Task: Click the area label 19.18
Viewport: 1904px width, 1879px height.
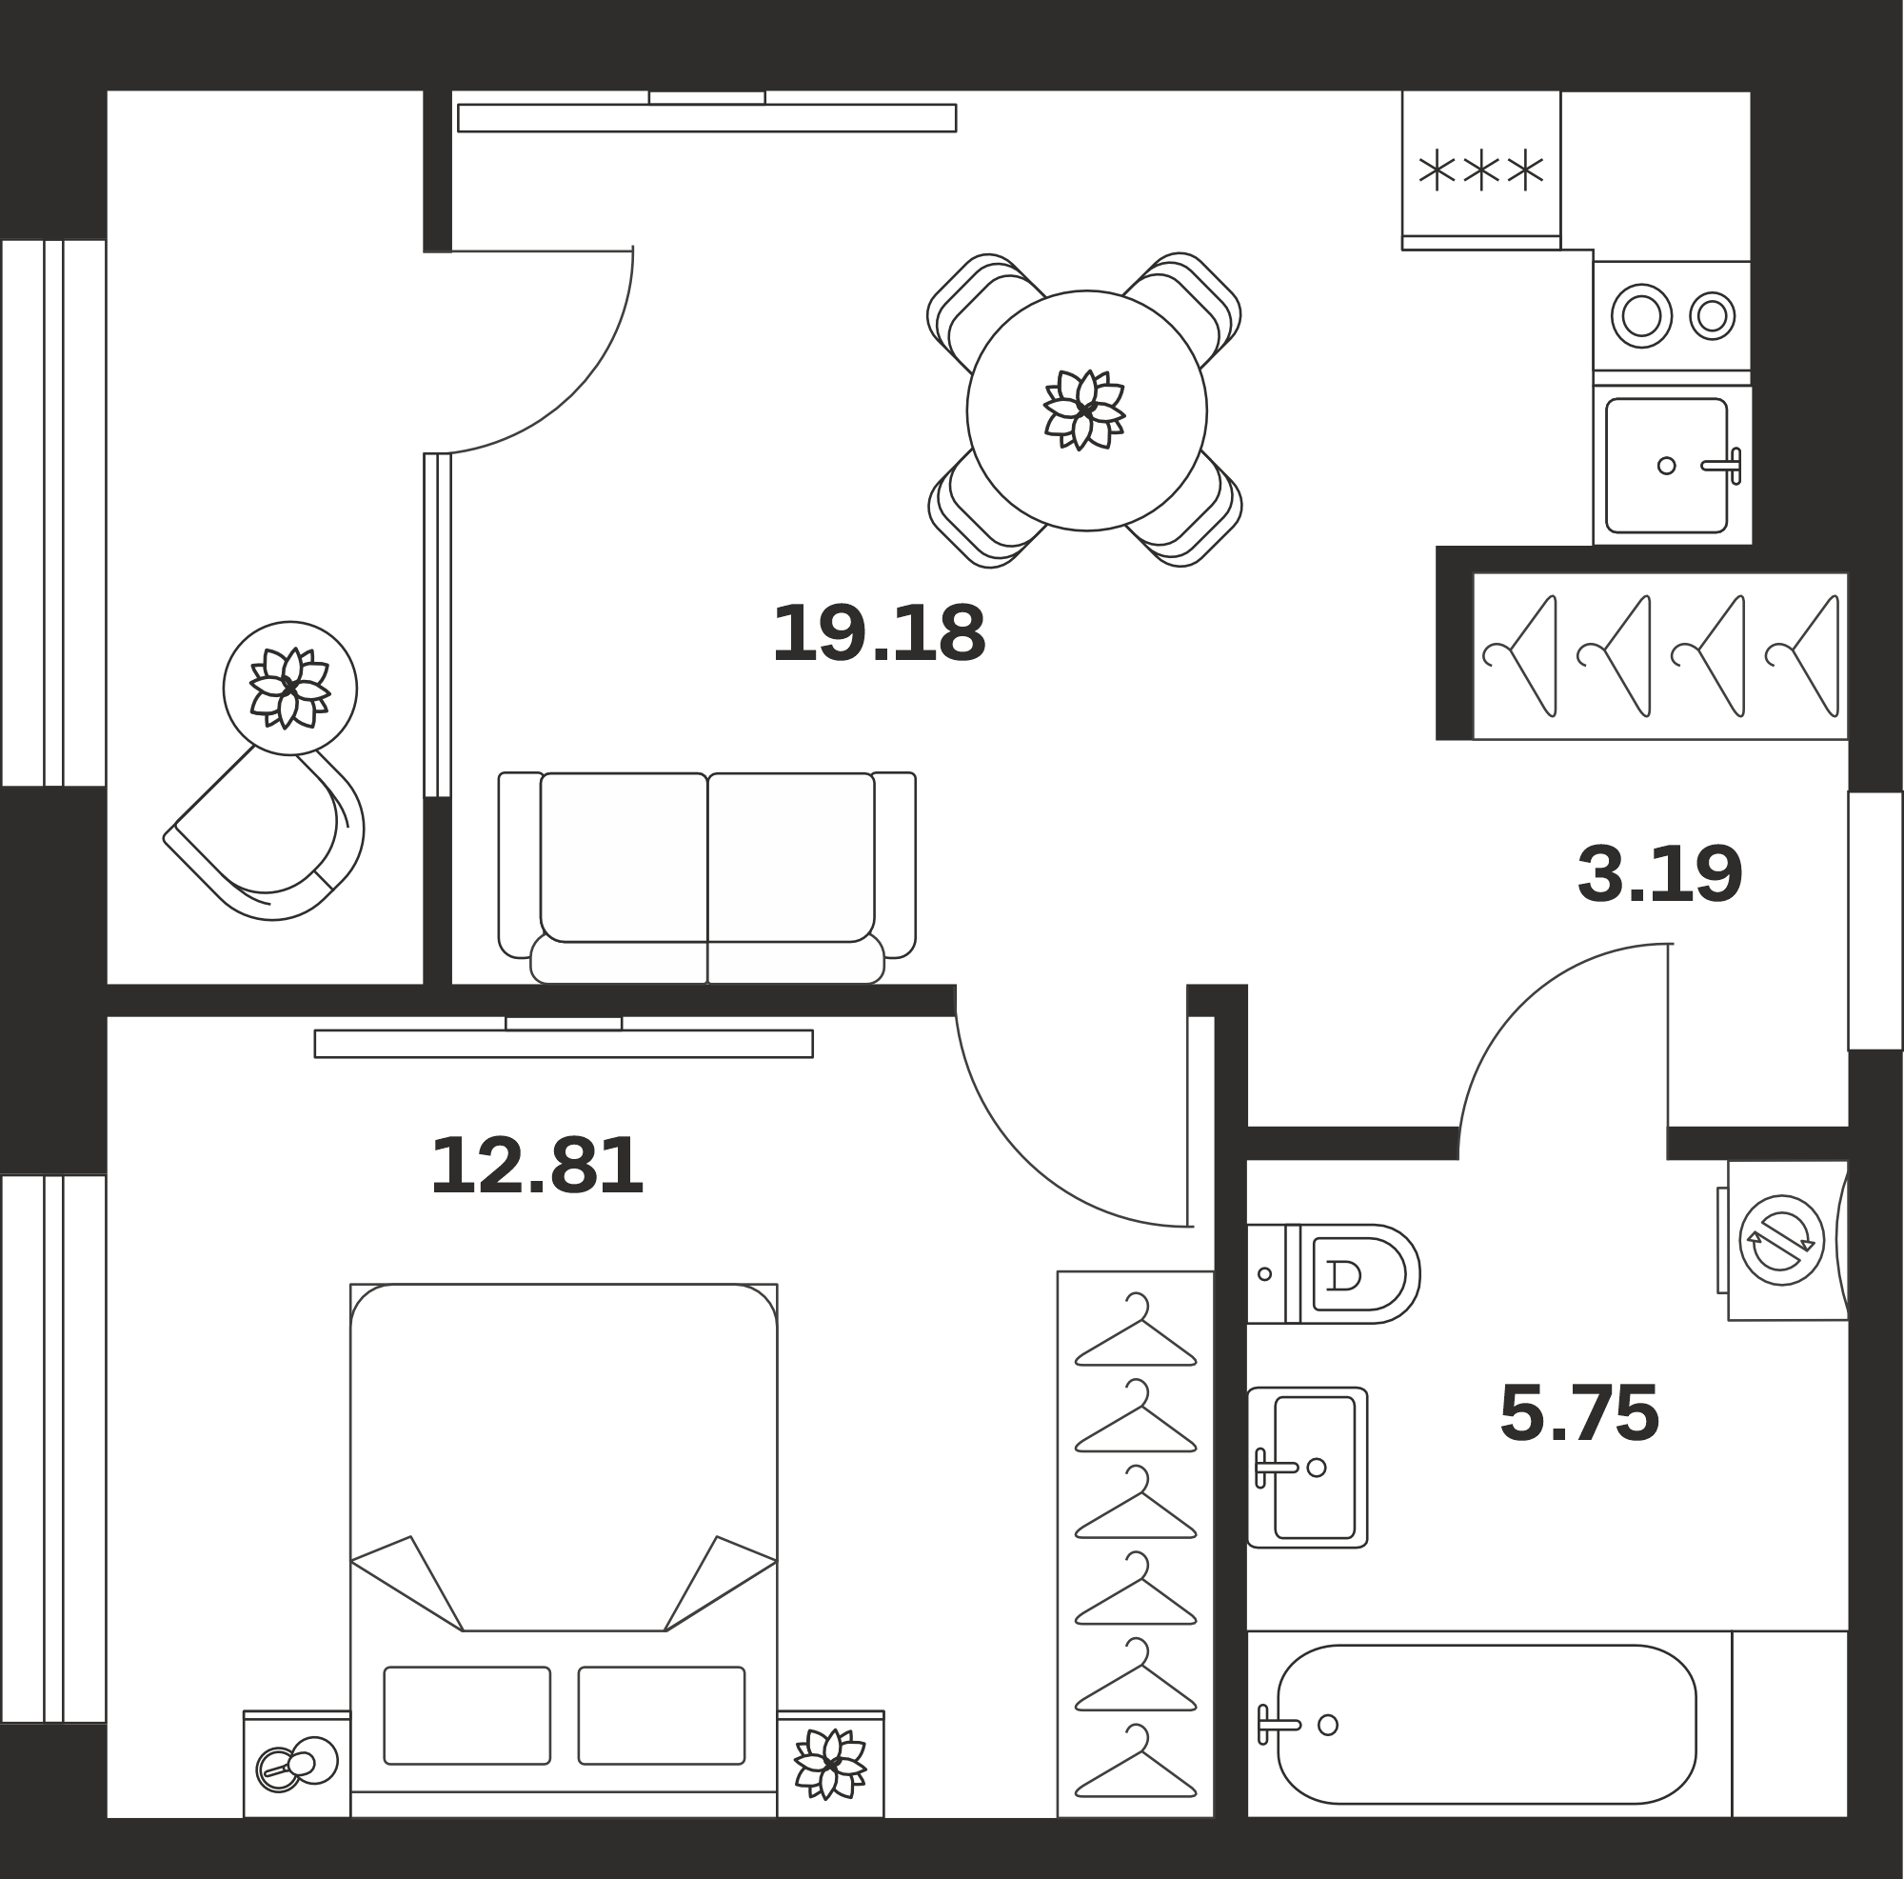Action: coord(879,633)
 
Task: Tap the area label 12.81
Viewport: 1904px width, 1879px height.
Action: coord(537,1166)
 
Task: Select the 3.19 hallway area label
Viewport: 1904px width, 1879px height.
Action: coord(1659,874)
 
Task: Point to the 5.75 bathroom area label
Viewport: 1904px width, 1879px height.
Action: coord(1578,1413)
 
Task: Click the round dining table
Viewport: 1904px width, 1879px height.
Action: coord(1086,410)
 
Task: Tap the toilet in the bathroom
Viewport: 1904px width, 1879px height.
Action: coord(1333,1273)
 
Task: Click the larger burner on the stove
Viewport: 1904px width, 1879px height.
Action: coord(1641,316)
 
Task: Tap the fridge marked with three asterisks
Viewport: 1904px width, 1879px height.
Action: coord(1480,170)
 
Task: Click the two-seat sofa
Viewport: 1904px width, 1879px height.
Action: coord(706,877)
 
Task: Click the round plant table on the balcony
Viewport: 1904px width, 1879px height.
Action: coord(289,689)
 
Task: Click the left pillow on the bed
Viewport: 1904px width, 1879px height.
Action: coord(467,1715)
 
